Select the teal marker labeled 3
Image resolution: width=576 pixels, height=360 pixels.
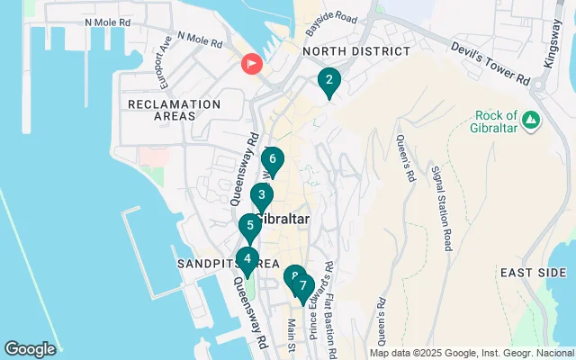tap(261, 195)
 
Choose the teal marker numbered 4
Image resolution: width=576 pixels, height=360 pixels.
tap(249, 226)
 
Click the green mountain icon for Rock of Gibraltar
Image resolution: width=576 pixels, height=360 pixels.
tap(531, 120)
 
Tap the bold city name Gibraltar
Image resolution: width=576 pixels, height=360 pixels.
tap(283, 220)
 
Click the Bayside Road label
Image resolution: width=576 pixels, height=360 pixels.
tap(326, 17)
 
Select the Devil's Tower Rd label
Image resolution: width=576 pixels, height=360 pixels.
tap(490, 64)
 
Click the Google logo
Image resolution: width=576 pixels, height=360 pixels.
tap(31, 348)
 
